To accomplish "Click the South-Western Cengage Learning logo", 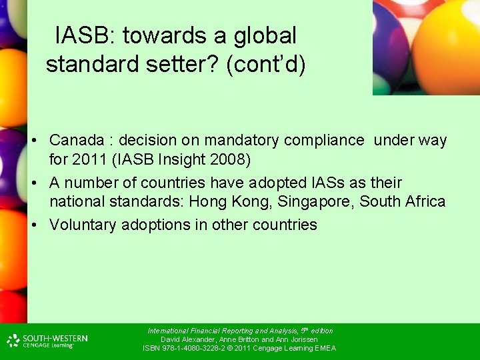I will click(x=47, y=341).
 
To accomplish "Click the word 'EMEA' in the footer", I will click(x=325, y=348).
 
